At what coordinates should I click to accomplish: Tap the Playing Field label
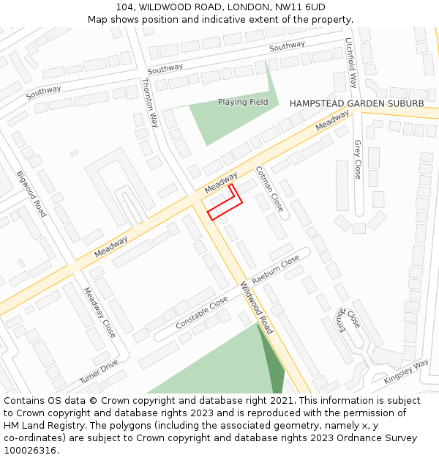pos(243,103)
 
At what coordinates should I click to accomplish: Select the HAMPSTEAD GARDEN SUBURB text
pos(356,104)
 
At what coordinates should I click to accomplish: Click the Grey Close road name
pos(358,160)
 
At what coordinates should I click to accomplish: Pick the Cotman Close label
pos(269,189)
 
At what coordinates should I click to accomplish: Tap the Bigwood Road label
pos(31,193)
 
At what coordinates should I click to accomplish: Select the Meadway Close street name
pos(100,311)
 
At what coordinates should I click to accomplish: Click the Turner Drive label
pos(99,372)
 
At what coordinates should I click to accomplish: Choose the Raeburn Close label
pos(276,270)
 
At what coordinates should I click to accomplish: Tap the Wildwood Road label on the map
pos(257,308)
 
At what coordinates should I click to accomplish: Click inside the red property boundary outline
pos(224,205)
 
